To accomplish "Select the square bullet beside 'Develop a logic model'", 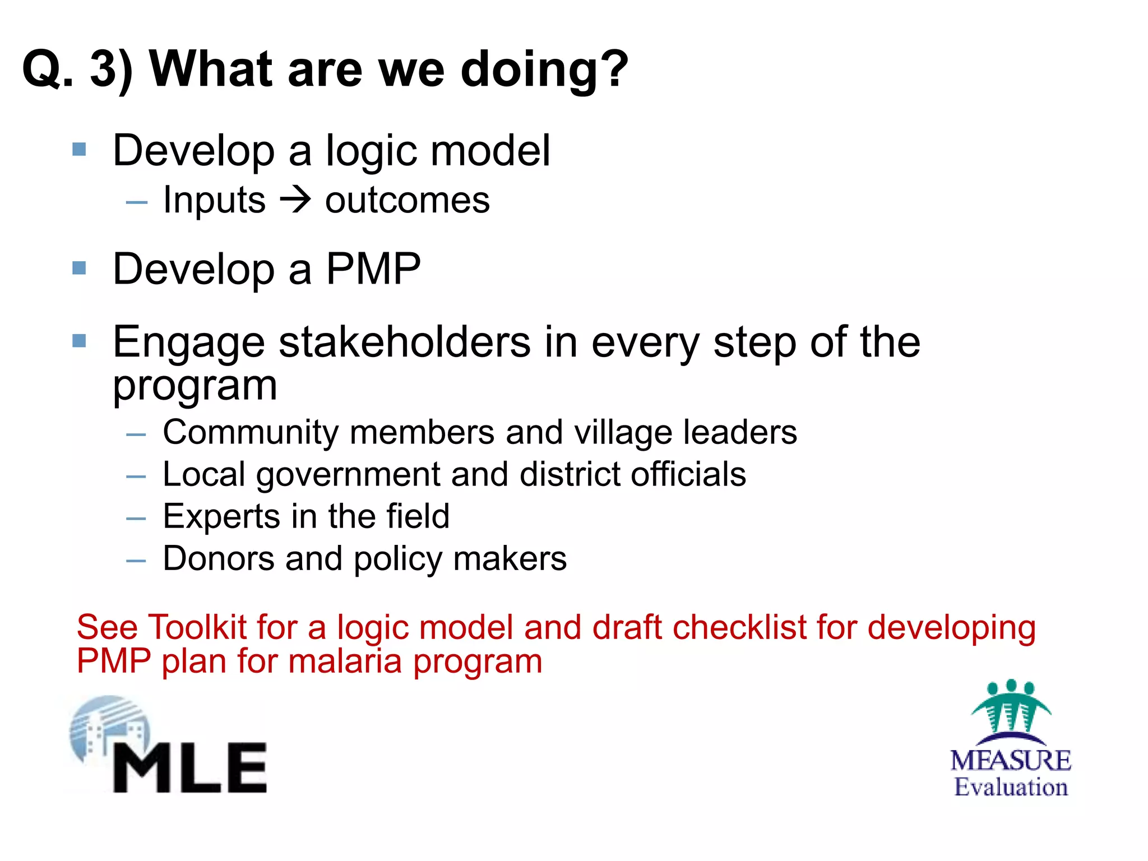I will coord(79,150).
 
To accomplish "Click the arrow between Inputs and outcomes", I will coord(295,200).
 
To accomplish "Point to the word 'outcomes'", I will coord(407,201).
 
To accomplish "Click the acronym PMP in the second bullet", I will coord(373,269).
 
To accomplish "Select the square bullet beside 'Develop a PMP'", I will coord(79,268).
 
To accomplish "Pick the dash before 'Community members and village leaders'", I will coord(136,434).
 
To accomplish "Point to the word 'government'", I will coord(348,475).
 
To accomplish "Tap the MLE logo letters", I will coord(189,768).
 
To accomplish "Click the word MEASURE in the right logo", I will coord(1011,761).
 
